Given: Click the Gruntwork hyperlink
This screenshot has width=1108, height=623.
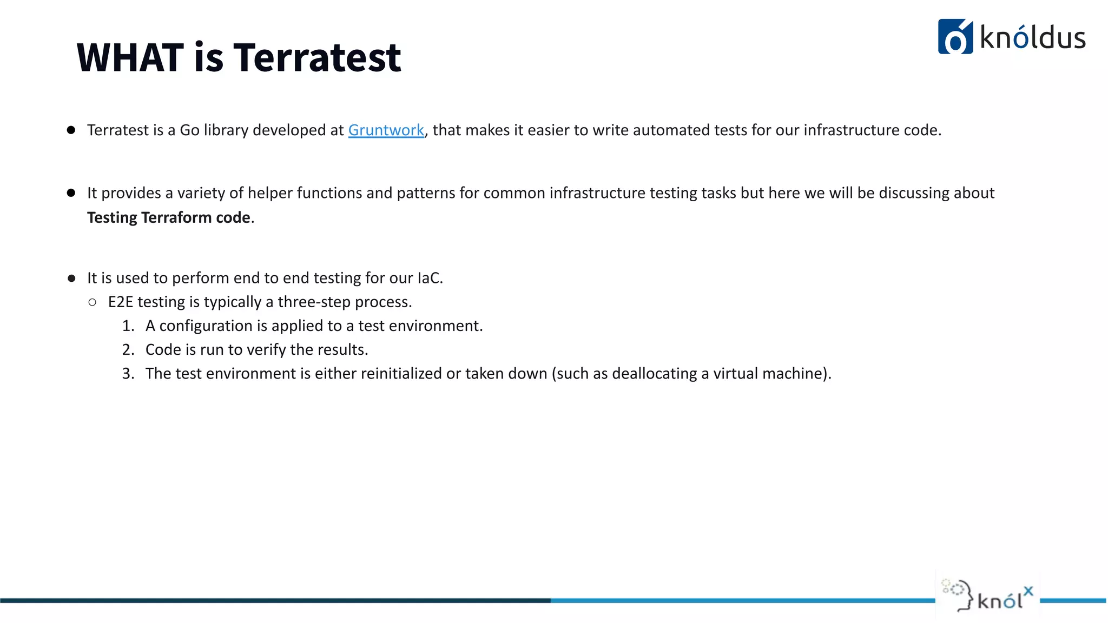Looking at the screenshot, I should click(386, 130).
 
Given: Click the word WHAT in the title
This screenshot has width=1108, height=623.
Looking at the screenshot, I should click(130, 57).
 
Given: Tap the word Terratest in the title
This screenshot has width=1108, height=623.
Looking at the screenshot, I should click(318, 57).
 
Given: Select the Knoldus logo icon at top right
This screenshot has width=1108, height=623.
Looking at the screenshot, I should click(955, 37).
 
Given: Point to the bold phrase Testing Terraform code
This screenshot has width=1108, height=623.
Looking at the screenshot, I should click(168, 217).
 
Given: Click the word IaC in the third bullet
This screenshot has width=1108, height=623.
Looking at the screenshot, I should click(429, 278).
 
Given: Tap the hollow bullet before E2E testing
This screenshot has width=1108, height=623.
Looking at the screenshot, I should click(93, 302).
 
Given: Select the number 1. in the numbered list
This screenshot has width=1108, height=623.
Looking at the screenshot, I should click(128, 326).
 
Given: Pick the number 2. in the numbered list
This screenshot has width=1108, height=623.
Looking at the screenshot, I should click(128, 350).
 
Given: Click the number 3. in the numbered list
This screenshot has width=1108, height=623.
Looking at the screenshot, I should click(128, 374).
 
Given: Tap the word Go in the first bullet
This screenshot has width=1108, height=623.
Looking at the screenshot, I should click(189, 130).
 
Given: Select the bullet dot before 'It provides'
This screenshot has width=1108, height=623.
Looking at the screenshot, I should click(71, 193).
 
